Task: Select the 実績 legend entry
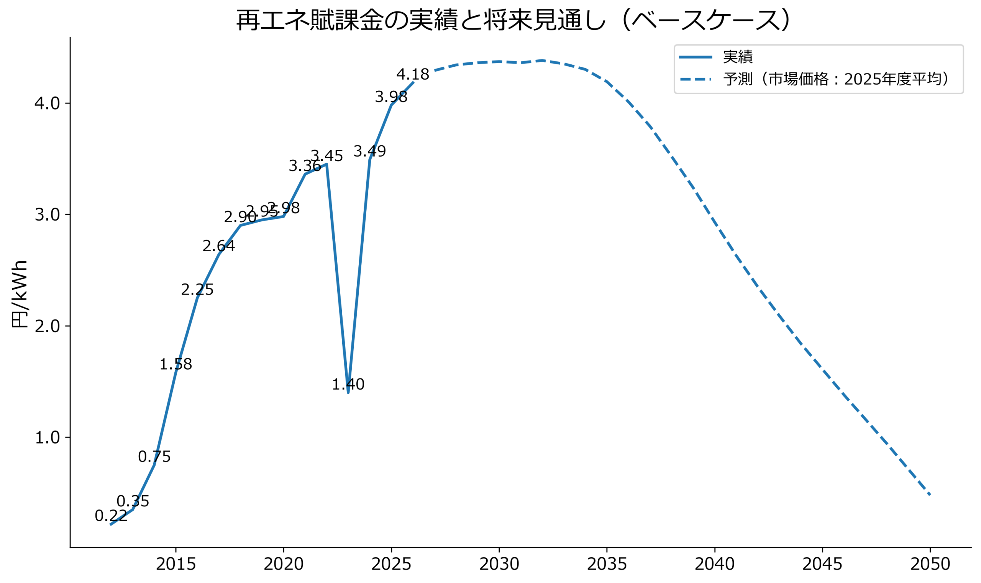click(x=737, y=57)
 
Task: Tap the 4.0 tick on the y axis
click(x=47, y=103)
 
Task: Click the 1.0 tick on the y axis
click(x=47, y=437)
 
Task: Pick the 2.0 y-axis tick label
click(x=47, y=326)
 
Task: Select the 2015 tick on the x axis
click(x=176, y=565)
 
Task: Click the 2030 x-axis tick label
click(x=499, y=565)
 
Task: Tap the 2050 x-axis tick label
click(x=930, y=565)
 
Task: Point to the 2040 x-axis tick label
click(x=715, y=565)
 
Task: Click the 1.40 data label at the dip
click(x=348, y=384)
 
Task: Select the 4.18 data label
click(x=413, y=74)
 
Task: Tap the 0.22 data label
click(x=111, y=516)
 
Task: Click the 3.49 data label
click(x=369, y=151)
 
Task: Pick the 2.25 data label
click(x=197, y=290)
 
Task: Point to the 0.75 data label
click(x=154, y=457)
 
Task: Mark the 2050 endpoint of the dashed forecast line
click(x=930, y=495)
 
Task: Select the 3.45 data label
click(x=327, y=156)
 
